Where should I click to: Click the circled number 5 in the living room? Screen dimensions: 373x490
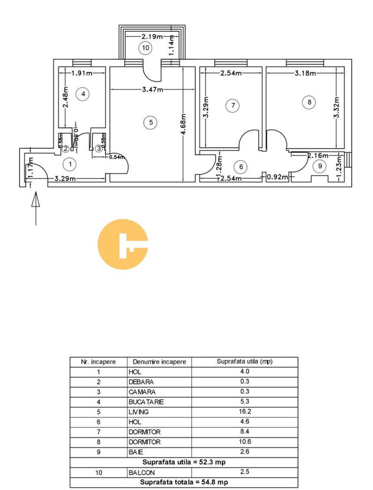151,122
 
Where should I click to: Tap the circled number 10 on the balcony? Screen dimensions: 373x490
145,48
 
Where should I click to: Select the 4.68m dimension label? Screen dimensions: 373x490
184,124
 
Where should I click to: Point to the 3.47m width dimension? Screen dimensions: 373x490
153,90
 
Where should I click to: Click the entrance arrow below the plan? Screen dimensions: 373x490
36,208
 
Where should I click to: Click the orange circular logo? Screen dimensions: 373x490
123,245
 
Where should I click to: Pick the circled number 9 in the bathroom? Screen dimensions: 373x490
320,166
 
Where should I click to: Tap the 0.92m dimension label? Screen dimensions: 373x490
277,177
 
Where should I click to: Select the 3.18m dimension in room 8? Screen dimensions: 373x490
305,73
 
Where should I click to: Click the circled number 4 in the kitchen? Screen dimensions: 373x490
83,94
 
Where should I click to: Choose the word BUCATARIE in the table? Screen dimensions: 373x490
146,402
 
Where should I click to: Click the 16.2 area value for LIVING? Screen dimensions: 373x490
245,412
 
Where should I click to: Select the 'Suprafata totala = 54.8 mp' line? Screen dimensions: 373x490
184,482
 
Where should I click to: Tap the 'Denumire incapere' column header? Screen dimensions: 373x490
159,362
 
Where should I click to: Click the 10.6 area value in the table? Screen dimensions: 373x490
245,441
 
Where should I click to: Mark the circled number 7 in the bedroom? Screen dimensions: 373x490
233,105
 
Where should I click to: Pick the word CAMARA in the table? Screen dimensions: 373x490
142,392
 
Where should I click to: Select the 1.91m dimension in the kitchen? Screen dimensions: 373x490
82,73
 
